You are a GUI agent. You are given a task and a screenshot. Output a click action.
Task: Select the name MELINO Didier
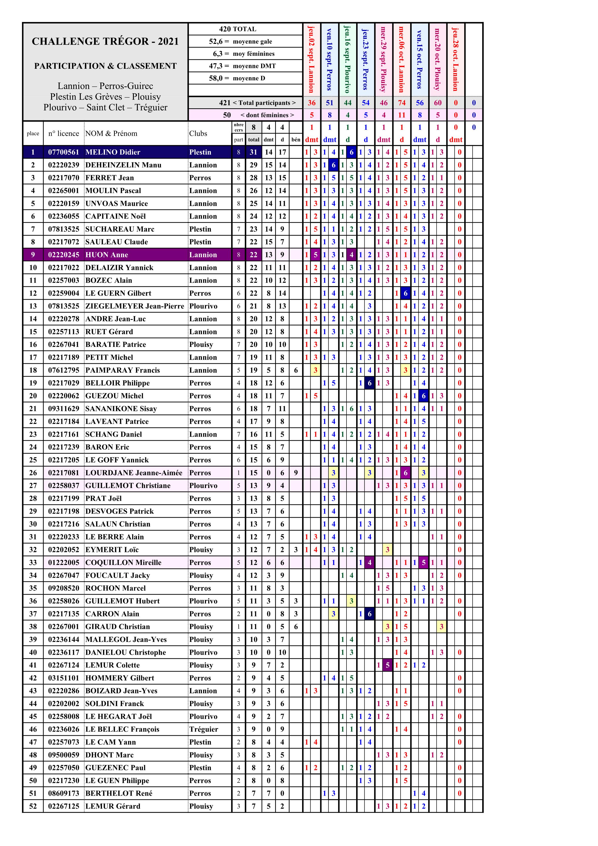tap(113, 152)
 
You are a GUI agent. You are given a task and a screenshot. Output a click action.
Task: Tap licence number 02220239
tap(63, 165)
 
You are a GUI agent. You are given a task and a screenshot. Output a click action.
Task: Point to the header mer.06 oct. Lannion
tap(401, 59)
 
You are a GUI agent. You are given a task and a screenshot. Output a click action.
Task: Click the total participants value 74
tap(401, 103)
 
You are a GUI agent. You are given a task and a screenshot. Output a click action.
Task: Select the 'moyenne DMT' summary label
tap(254, 66)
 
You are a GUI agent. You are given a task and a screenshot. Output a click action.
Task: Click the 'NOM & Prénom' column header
tap(111, 133)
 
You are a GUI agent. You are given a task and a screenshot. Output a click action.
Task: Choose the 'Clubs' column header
tap(198, 133)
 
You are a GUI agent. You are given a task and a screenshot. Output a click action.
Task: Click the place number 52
tap(33, 806)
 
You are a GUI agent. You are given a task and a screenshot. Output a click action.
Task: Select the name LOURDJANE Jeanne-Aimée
tap(134, 473)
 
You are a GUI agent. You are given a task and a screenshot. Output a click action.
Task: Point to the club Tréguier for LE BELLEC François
tap(204, 729)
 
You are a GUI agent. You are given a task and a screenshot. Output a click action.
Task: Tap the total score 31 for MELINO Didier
tap(253, 152)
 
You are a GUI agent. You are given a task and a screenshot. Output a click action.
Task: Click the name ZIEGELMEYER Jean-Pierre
tap(135, 306)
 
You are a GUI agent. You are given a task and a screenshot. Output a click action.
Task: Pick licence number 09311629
tap(63, 409)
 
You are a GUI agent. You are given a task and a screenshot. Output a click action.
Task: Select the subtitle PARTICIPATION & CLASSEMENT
tap(105, 66)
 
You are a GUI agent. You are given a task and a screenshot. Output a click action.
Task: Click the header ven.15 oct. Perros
tap(419, 59)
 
